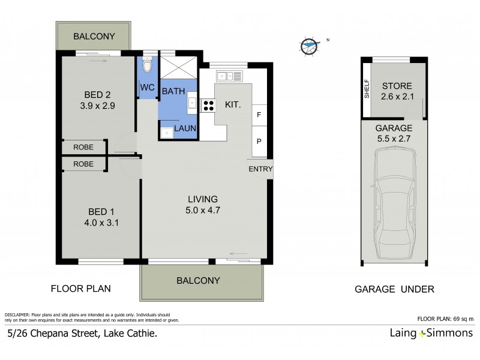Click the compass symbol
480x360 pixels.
309,44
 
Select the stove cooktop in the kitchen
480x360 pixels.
208,105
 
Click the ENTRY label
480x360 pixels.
260,169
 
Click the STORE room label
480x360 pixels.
396,85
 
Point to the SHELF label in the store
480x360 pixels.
367,89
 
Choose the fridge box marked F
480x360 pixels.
259,115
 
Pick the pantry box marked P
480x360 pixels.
259,142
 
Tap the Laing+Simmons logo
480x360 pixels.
430,333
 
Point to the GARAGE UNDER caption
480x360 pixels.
394,289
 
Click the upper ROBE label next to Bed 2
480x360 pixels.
83,146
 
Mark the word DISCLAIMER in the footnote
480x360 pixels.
16,314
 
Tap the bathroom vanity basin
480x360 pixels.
192,103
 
